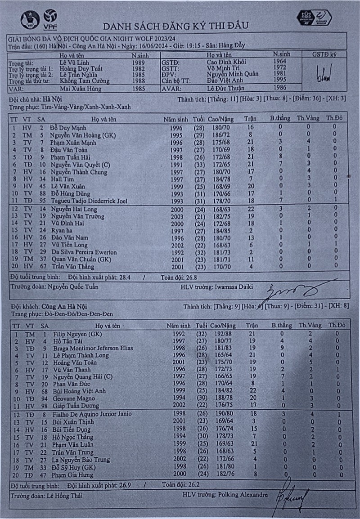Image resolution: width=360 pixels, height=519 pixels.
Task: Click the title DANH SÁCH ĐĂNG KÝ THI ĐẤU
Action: (x=175, y=25)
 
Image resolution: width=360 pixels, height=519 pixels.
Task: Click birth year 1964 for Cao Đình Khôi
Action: (x=282, y=61)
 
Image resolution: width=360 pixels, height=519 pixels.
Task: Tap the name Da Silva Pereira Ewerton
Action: (x=84, y=252)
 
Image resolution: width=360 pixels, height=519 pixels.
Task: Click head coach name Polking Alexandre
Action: (x=244, y=495)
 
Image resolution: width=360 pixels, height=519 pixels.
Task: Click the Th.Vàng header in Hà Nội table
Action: (x=308, y=118)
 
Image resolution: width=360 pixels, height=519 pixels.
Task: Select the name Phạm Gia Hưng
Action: (x=72, y=474)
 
